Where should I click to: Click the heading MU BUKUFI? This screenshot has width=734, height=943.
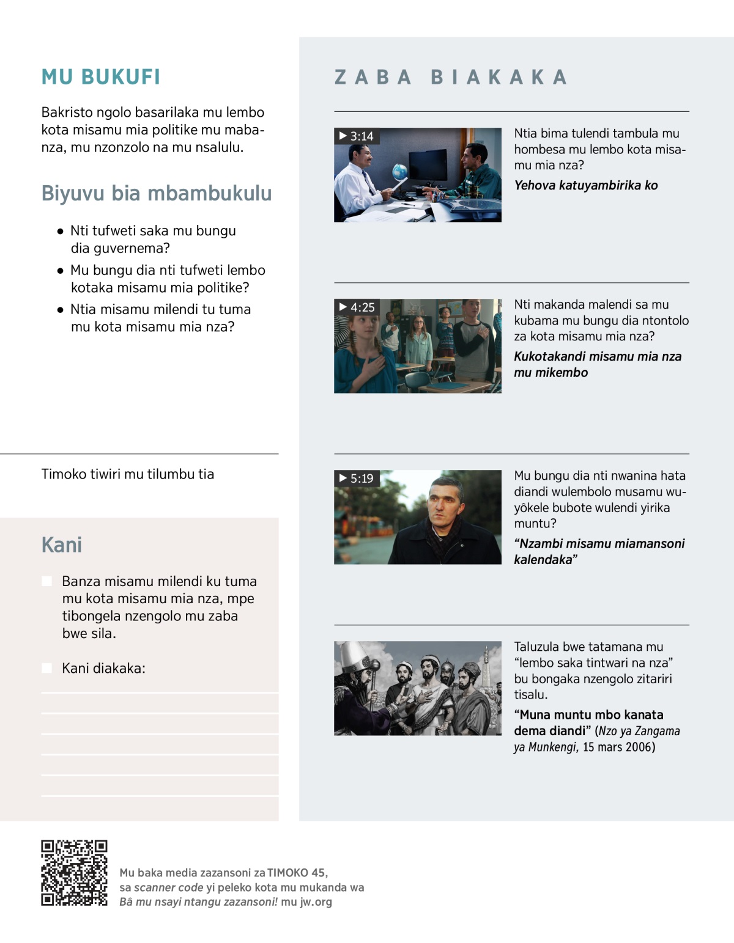coord(101,77)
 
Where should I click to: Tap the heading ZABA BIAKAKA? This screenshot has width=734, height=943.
coord(451,77)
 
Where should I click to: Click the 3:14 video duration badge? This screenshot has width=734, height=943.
coord(357,136)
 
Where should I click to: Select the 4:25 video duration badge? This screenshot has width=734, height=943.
coord(357,307)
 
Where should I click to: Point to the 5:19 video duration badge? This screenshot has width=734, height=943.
coord(357,479)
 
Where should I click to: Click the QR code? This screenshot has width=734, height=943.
coord(74,873)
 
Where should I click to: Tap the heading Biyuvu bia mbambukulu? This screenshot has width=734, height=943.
coord(157,193)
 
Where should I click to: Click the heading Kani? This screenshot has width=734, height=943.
coord(62,545)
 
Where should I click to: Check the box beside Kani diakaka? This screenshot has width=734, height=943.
coord(46,668)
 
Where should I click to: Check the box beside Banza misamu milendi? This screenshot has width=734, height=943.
coord(46,581)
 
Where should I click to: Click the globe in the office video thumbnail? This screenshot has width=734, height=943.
coord(399,171)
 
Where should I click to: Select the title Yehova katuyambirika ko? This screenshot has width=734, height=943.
coord(585,185)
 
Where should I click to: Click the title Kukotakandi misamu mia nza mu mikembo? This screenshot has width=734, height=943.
coord(597,364)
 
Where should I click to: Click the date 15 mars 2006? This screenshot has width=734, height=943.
coord(618,747)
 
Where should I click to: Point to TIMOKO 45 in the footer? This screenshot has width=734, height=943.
coord(297,873)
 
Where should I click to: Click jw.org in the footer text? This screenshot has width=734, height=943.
coord(316,902)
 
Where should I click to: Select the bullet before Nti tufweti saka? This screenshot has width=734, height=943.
coord(60,232)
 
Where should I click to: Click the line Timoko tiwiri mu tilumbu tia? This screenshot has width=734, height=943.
coord(128,474)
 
